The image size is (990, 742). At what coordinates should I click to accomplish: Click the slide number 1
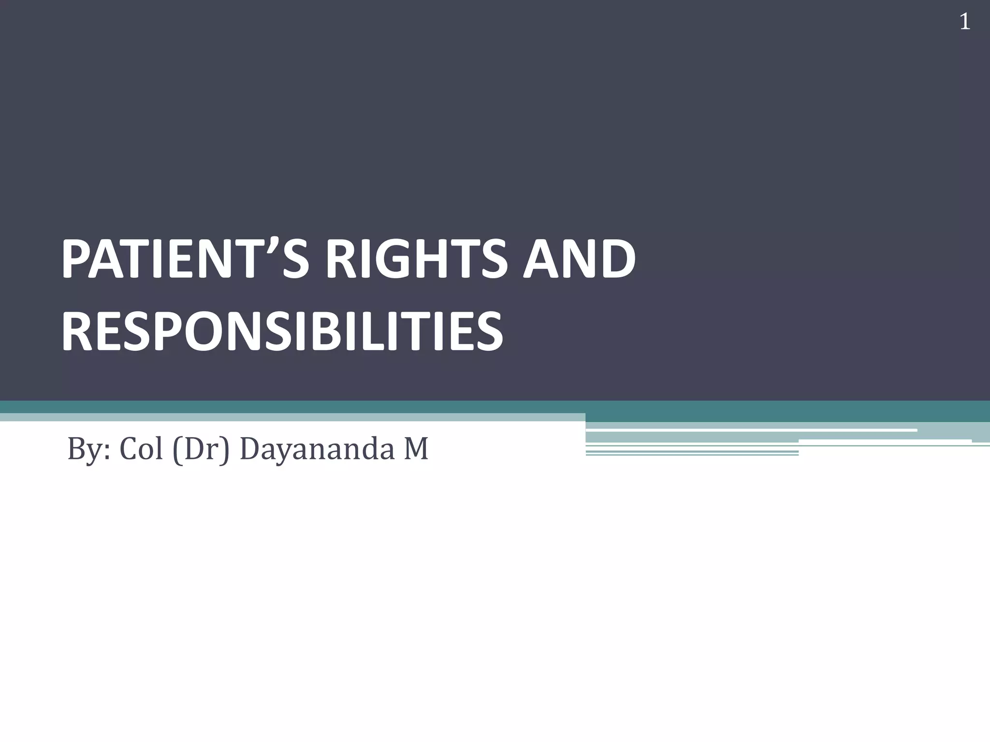[964, 22]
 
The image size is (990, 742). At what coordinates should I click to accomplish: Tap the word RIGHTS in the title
[416, 259]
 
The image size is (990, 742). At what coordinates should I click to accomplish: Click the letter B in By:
[77, 448]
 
